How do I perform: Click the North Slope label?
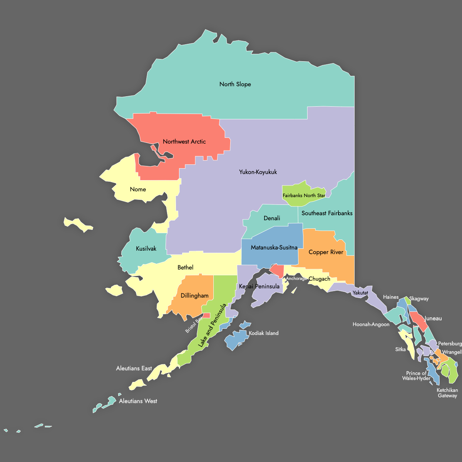235,84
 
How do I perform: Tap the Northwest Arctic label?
184,142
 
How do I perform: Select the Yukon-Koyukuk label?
258,172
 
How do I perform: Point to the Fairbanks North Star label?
304,196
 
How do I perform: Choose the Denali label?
272,218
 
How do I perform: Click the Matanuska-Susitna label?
274,248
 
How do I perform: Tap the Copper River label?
326,252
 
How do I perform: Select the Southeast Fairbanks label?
327,213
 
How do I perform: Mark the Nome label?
138,189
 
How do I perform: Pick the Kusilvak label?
146,249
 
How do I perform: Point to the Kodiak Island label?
263,333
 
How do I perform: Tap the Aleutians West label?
138,401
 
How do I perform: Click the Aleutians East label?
134,368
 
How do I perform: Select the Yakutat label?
360,293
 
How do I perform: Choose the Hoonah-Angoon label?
371,325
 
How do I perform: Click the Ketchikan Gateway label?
447,393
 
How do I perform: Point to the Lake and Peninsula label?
212,326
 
